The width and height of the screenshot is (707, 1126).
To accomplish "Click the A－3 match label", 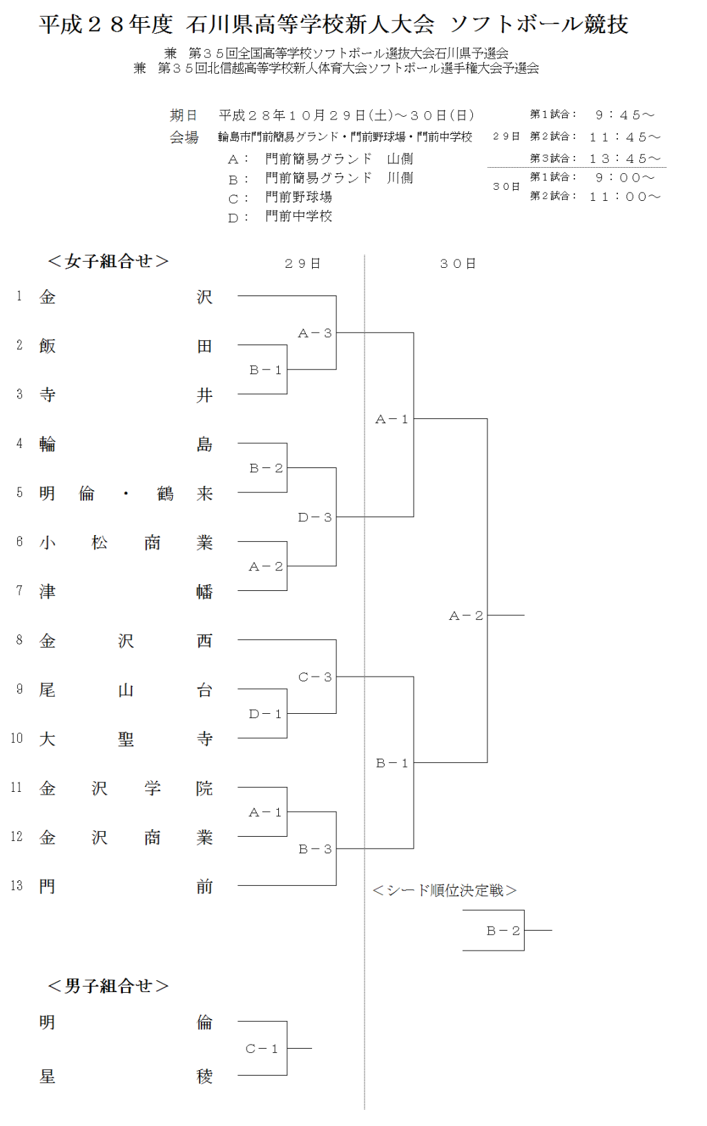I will pos(315,333).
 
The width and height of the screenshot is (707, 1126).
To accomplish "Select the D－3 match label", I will pos(315,517).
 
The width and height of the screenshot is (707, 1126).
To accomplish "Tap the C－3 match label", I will pos(315,677).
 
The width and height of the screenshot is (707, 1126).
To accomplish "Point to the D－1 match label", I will pos(266,714).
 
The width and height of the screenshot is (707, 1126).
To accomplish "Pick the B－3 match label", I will pos(315,849).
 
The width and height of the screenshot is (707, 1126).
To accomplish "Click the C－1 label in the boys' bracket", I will pos(262,1049).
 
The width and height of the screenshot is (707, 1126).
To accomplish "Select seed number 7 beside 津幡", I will pos(19,591).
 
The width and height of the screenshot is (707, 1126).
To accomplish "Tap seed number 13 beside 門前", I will pos(17,886).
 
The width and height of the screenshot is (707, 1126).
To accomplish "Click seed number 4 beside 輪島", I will pos(19,443).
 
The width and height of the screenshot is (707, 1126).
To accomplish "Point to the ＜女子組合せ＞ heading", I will pos(108,261).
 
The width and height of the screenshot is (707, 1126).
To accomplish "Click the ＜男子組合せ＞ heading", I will pos(108,986).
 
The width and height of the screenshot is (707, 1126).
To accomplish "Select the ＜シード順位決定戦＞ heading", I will pos(445,891).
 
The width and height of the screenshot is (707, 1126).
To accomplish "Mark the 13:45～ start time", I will pos(625,159).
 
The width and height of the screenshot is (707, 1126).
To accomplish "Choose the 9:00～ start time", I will pos(625,177).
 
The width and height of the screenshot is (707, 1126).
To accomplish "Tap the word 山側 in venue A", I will pos(400,159).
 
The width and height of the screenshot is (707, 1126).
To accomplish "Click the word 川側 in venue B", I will pos(400,178).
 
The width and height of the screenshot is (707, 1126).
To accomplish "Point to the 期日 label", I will pos(184,115).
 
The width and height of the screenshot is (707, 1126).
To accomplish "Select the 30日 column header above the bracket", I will pos(458,264).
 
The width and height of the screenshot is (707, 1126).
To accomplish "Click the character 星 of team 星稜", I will pos(47,1076).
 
